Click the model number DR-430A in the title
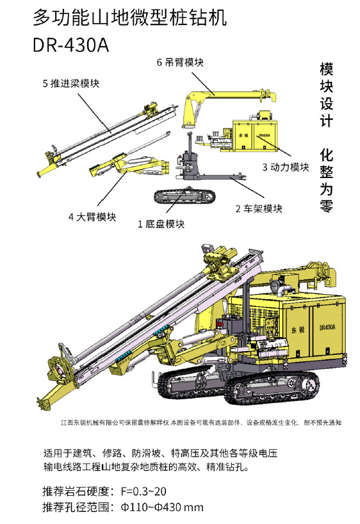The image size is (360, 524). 71,45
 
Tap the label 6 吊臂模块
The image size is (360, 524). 180,62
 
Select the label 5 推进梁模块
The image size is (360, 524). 71,83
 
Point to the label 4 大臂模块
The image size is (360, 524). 92,217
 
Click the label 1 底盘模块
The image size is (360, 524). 161,224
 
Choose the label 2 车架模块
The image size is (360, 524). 259,209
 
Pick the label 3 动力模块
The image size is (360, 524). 286,167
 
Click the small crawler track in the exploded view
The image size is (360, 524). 184,196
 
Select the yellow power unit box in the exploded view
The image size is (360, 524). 255,135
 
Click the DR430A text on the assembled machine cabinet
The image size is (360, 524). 327,327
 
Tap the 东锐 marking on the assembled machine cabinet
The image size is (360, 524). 298,330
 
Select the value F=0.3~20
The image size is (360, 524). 143,491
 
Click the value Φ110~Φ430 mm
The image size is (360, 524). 162,507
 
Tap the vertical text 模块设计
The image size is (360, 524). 326,95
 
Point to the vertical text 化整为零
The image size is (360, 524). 326,181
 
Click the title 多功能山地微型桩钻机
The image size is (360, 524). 129,17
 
